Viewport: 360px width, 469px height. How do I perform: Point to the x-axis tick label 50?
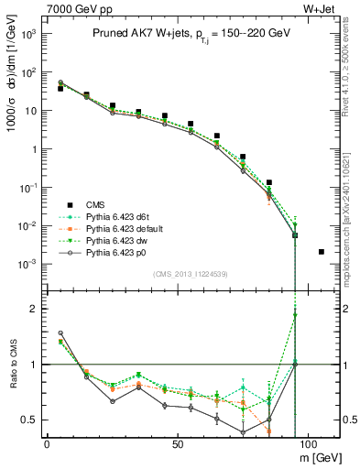(x=176, y=443)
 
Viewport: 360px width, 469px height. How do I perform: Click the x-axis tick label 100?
(x=306, y=443)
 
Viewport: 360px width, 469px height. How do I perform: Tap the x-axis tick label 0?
(x=47, y=443)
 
